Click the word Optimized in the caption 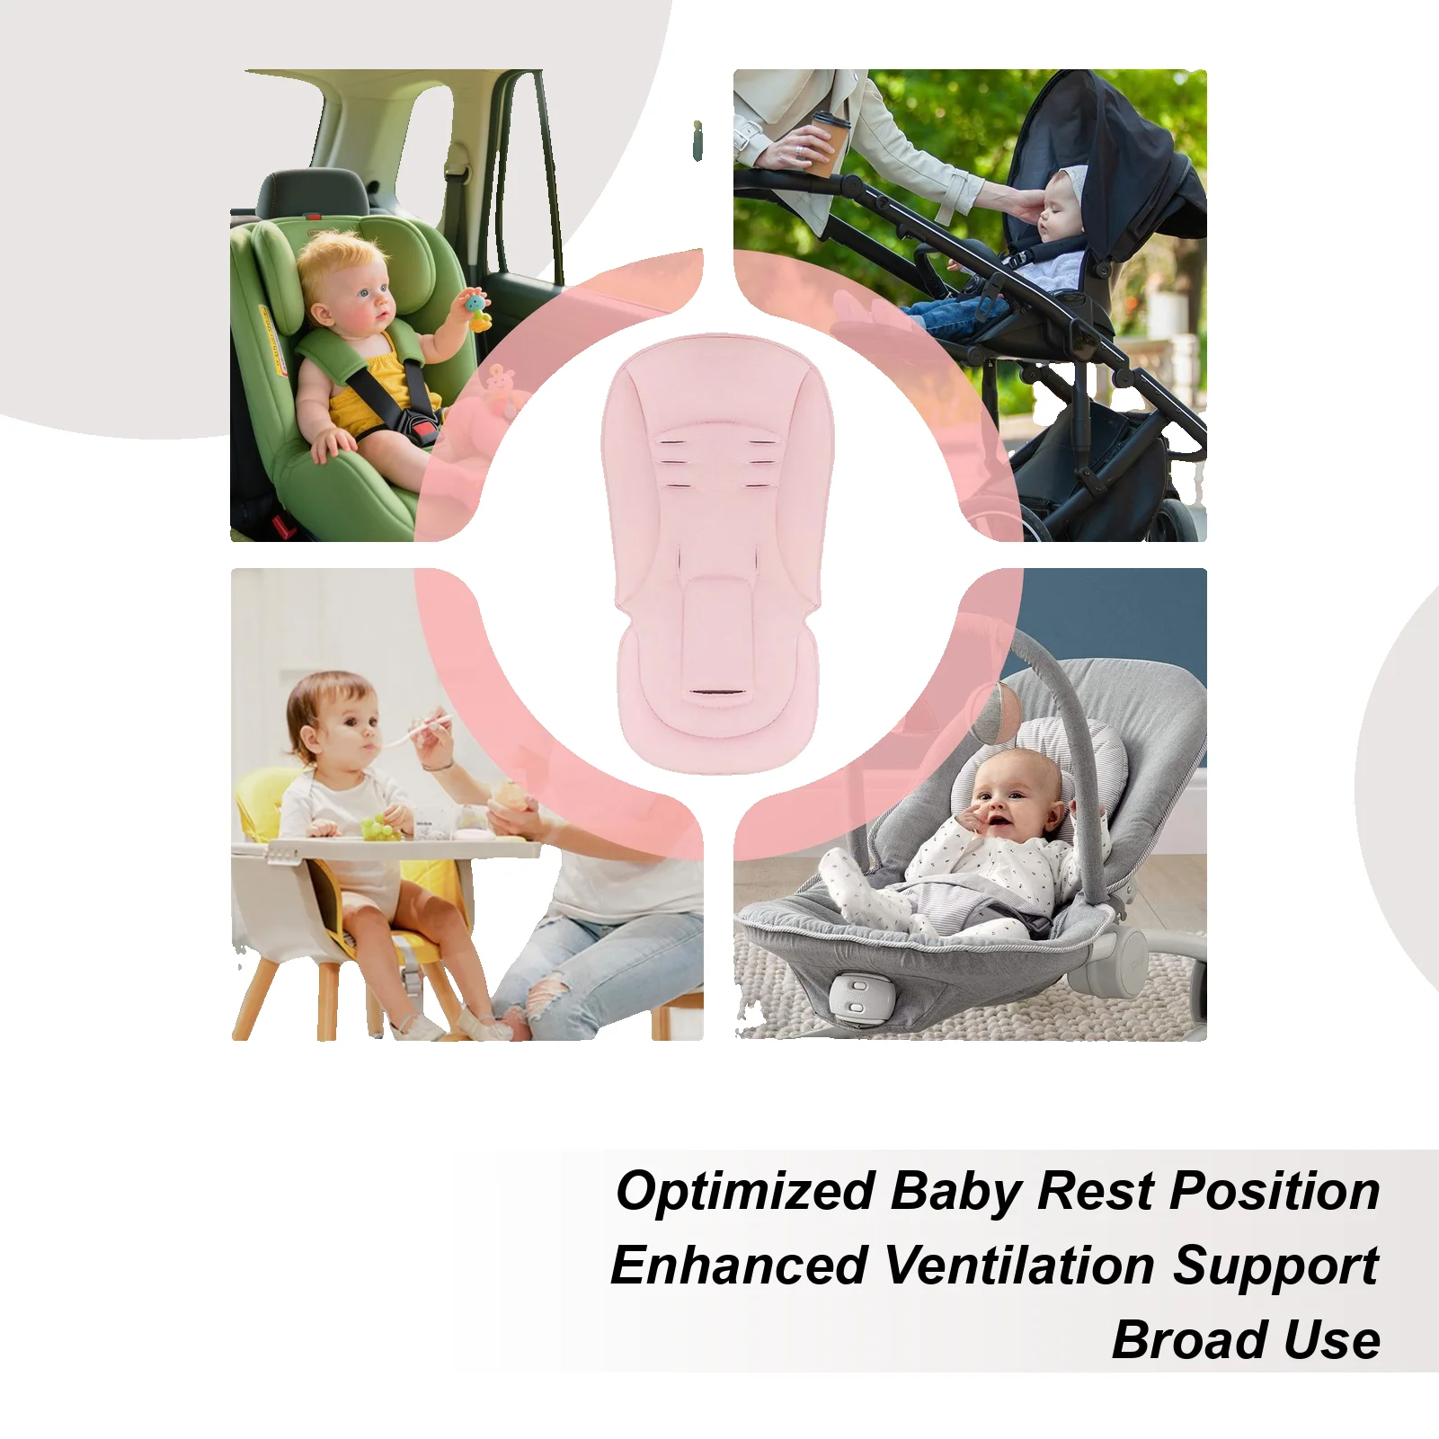pyautogui.click(x=745, y=1192)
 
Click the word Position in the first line pyautogui.click(x=1275, y=1192)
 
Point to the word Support pyautogui.click(x=1275, y=1266)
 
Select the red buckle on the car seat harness pyautogui.click(x=425, y=432)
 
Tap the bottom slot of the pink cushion pyautogui.click(x=716, y=694)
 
